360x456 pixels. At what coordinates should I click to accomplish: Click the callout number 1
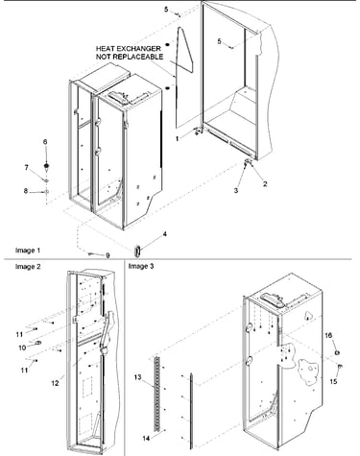coord(177,139)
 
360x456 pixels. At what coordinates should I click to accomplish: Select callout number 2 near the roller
coord(265,184)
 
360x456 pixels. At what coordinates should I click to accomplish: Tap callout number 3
coord(236,190)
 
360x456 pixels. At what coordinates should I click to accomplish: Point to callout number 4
coord(165,234)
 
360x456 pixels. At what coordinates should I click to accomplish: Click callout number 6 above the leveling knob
coord(45,142)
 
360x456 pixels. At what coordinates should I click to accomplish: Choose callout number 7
coord(27,167)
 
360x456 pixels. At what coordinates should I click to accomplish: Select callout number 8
coord(26,191)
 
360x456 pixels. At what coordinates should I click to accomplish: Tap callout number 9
coord(108,255)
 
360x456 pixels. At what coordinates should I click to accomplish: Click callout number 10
coord(22,348)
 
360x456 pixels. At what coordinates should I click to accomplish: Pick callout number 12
coord(55,383)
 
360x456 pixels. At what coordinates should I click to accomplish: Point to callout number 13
coord(137,377)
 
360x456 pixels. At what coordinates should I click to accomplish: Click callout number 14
coord(146,439)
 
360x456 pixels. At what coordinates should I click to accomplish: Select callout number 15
coord(333,381)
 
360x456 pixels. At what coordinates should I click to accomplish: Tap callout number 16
coord(328,335)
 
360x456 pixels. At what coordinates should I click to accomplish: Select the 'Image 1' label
coord(28,251)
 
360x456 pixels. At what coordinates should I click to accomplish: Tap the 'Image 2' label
coord(28,267)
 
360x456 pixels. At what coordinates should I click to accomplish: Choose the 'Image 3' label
coord(141,266)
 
